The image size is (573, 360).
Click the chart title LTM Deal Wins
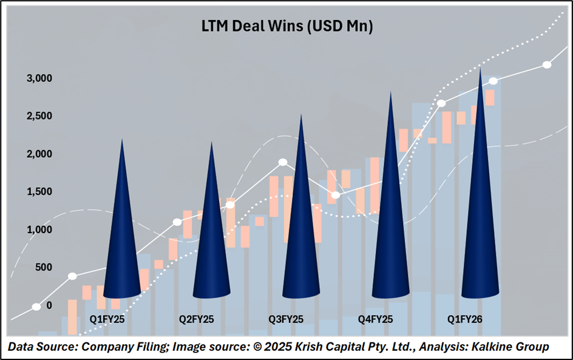tap(286, 27)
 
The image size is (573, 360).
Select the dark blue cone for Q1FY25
tap(122, 243)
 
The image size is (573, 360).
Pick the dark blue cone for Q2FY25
tap(211, 243)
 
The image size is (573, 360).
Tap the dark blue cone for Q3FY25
tap(301, 237)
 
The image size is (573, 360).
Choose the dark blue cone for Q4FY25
tap(390, 231)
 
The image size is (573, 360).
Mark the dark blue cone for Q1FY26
tap(480, 225)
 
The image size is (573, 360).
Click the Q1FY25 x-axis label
tap(107, 319)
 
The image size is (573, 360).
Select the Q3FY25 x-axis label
tap(286, 319)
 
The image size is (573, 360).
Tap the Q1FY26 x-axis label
tap(464, 319)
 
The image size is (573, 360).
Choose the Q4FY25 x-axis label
tap(376, 319)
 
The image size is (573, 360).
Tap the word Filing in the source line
tap(135, 347)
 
